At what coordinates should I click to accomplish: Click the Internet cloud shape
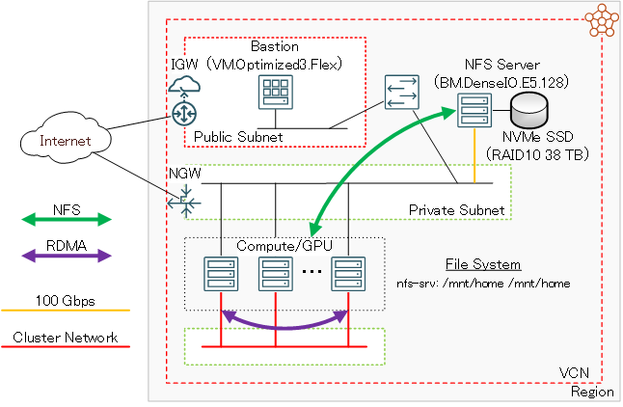tap(64, 142)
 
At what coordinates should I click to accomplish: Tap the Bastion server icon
tap(275, 94)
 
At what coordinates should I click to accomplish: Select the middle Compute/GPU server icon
tap(276, 275)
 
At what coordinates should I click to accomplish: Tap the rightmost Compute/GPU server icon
tap(345, 275)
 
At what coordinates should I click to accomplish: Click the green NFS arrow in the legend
tap(66, 219)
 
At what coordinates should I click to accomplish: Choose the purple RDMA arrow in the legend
tap(66, 256)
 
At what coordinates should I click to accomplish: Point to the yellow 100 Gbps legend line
tap(66, 310)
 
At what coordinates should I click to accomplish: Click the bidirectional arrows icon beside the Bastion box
tap(399, 93)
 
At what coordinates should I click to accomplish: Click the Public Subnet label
tap(238, 137)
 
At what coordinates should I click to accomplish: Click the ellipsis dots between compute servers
tap(311, 273)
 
